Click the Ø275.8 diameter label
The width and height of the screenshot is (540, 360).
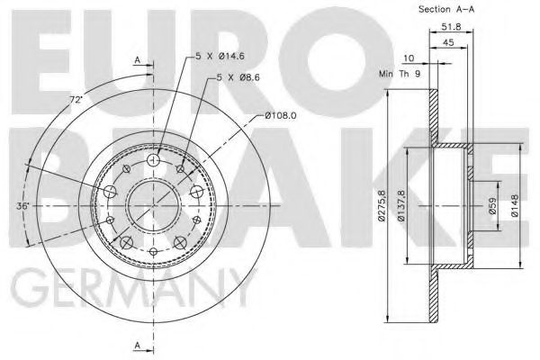(x=383, y=205)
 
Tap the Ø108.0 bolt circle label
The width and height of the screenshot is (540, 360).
(x=282, y=115)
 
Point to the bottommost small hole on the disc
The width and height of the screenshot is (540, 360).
(x=153, y=252)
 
